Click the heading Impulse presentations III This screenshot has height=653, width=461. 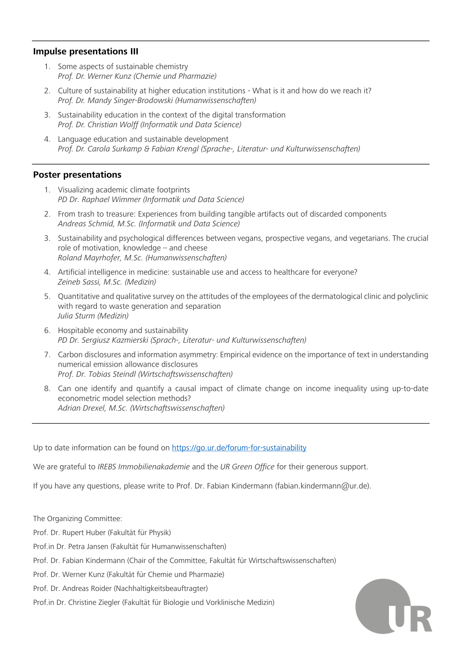pyautogui.click(x=86, y=52)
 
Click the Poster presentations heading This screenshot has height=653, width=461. pyautogui.click(x=77, y=175)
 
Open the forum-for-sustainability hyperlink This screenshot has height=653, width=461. pyautogui.click(x=239, y=448)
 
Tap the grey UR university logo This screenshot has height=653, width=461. pyautogui.click(x=393, y=606)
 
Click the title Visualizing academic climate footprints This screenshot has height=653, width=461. pyautogui.click(x=124, y=190)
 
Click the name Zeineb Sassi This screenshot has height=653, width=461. pyautogui.click(x=79, y=282)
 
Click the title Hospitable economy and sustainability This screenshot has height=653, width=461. pyautogui.click(x=123, y=331)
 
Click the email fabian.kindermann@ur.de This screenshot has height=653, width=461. pyautogui.click(x=322, y=486)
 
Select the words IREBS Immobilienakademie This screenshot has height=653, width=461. pyautogui.click(x=143, y=467)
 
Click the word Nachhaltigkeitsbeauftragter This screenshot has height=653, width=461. pyautogui.click(x=160, y=589)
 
